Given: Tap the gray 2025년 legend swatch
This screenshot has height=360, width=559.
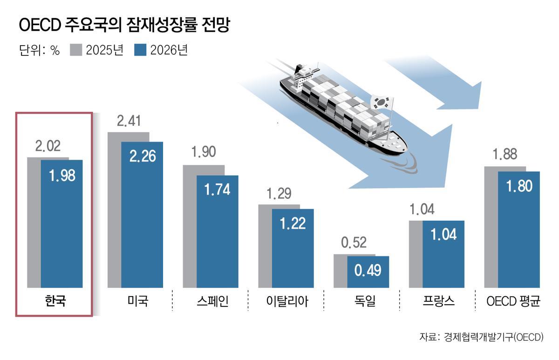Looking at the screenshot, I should click(x=76, y=50).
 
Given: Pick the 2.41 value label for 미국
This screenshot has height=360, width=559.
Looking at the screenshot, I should click(x=128, y=122).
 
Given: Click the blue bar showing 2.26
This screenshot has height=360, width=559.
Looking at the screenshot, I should click(x=143, y=214).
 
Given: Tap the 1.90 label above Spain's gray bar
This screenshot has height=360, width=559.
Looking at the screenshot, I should click(x=204, y=153).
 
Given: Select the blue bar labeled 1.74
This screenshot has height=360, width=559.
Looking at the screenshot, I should click(x=218, y=231).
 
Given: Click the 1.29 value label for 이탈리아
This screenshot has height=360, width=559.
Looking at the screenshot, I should click(x=279, y=193).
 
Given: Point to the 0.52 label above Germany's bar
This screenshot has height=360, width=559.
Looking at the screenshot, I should click(x=354, y=243).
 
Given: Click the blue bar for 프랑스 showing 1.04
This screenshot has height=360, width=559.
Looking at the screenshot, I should click(x=443, y=254).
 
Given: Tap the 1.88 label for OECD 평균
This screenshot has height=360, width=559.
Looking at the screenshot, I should click(x=504, y=154).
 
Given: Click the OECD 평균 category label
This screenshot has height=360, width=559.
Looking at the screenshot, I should click(x=513, y=301).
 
